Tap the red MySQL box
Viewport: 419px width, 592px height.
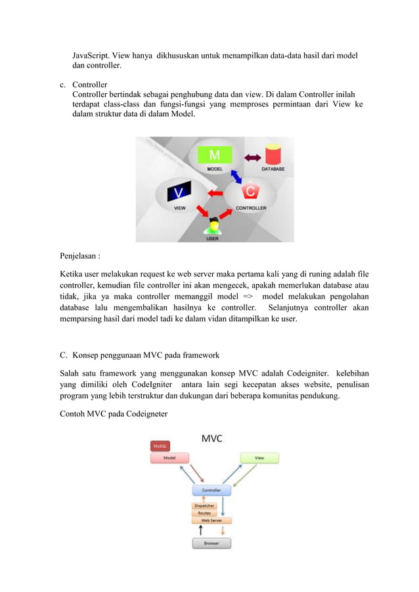[x=160, y=446]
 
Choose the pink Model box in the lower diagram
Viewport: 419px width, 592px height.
[x=169, y=457]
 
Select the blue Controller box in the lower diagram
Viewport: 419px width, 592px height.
[x=211, y=490]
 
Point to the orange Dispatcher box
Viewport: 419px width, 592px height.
[x=204, y=506]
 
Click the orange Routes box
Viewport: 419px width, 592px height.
[x=204, y=513]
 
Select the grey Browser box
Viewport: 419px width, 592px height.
[x=211, y=543]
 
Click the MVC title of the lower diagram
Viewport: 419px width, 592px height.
[x=211, y=438]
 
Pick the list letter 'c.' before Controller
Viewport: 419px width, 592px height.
[x=62, y=85]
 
